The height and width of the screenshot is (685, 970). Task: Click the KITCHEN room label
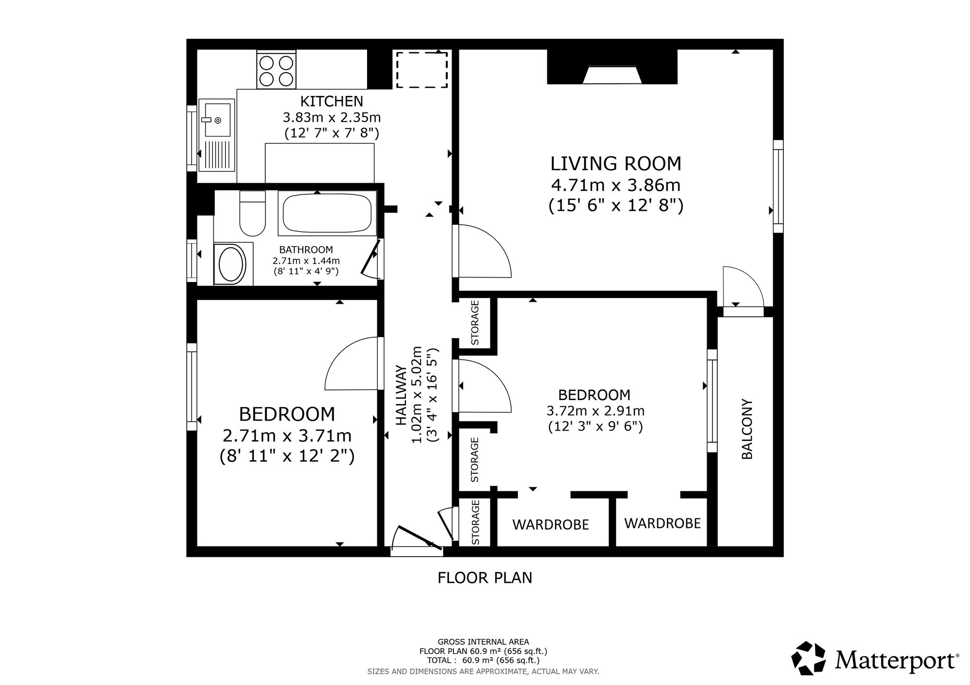[332, 101]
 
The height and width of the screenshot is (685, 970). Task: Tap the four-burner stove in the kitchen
[276, 71]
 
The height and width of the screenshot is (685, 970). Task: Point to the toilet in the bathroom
[253, 213]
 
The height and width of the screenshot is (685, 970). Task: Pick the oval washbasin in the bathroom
[232, 264]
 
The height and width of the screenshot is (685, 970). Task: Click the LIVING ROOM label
[616, 164]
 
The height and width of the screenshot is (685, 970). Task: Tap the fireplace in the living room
[612, 67]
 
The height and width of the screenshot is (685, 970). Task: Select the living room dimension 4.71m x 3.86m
[616, 185]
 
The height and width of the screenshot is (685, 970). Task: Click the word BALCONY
[747, 429]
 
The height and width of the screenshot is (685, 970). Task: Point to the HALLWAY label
[401, 396]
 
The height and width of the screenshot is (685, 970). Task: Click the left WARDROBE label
[550, 525]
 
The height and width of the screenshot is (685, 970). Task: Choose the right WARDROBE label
[663, 523]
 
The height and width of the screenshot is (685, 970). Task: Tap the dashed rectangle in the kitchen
[422, 70]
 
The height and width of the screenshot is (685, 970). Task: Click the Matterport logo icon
[808, 658]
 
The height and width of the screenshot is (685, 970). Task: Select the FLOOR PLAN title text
[485, 578]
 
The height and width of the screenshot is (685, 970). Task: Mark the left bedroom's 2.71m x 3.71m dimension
[287, 436]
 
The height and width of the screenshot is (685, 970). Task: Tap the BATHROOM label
[306, 250]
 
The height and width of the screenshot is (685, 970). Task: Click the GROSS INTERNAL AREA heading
[484, 642]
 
